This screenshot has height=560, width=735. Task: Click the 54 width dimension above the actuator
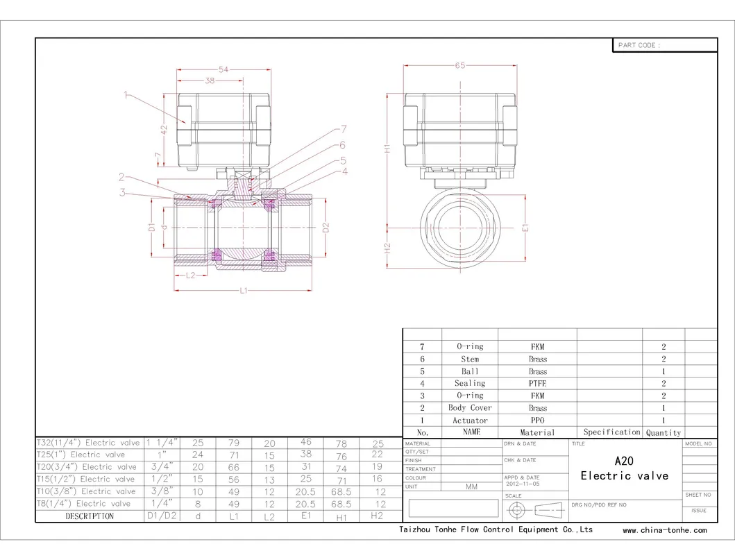coord(223,69)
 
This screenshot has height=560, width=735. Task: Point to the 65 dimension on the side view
coord(460,65)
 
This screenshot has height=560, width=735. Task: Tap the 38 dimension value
coord(210,80)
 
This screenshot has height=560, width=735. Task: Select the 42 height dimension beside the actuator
coord(164,130)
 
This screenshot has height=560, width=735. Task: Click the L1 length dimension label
coord(244,291)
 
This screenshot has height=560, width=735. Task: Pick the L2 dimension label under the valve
coord(190,275)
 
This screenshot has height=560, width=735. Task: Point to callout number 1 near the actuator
coord(126,94)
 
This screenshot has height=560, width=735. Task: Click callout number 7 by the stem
coord(344,129)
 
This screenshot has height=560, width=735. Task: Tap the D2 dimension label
coord(326,228)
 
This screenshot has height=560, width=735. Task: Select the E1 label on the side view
coord(525,228)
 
